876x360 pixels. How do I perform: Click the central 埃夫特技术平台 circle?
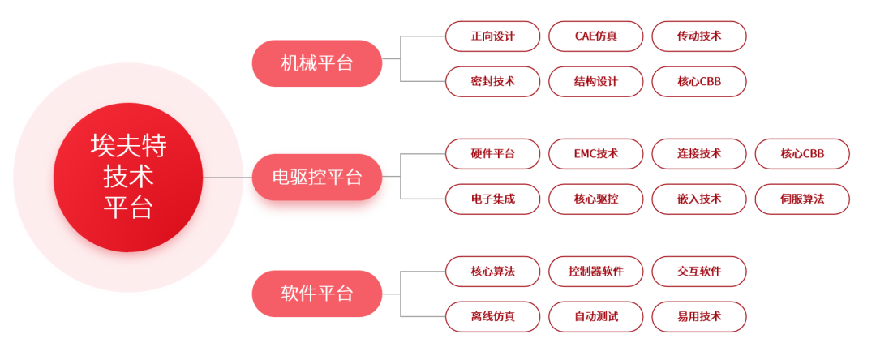[x=128, y=176]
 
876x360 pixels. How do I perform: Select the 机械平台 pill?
[x=316, y=63]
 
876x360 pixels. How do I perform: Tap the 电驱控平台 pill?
[x=316, y=177]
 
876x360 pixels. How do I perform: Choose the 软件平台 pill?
[x=316, y=294]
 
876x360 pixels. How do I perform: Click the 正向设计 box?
[x=492, y=36]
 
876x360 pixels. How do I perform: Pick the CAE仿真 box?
[x=595, y=36]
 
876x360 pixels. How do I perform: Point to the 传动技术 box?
[x=698, y=36]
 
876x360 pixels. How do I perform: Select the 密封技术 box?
[x=492, y=81]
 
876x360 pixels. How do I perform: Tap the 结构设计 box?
[x=595, y=81]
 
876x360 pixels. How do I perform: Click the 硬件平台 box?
[x=492, y=153]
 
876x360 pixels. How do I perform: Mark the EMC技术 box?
[x=595, y=153]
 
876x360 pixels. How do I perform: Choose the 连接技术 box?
[x=698, y=153]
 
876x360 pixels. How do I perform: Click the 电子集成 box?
[x=492, y=199]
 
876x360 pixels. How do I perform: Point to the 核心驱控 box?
[x=595, y=199]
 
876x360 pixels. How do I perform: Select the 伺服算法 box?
[x=801, y=199]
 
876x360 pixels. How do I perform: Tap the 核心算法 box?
[x=492, y=271]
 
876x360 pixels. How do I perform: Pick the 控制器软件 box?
[x=595, y=271]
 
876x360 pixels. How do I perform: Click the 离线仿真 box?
[x=492, y=316]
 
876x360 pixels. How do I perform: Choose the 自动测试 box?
[x=595, y=316]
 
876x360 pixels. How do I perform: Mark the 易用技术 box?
[x=698, y=316]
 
